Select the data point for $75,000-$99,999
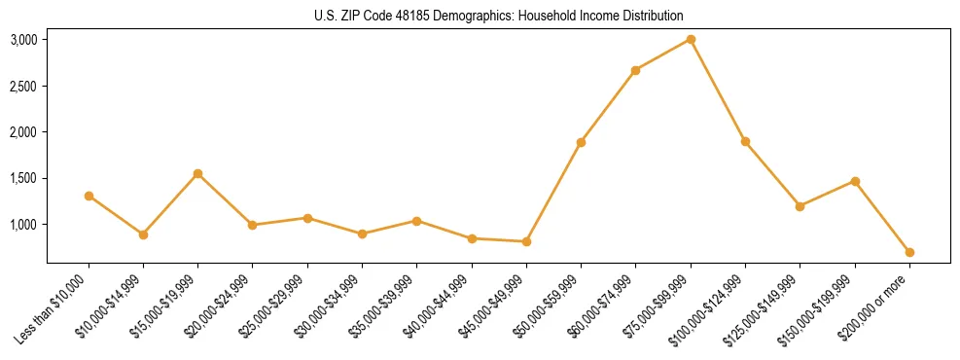click(691, 39)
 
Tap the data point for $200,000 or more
click(909, 252)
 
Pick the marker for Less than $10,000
click(89, 196)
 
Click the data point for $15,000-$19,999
click(197, 173)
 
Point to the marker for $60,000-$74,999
click(635, 70)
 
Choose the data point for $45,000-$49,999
click(526, 241)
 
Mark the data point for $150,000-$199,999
click(855, 181)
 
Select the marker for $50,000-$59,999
click(581, 142)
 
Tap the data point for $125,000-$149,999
click(800, 206)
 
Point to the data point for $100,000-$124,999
click(745, 141)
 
